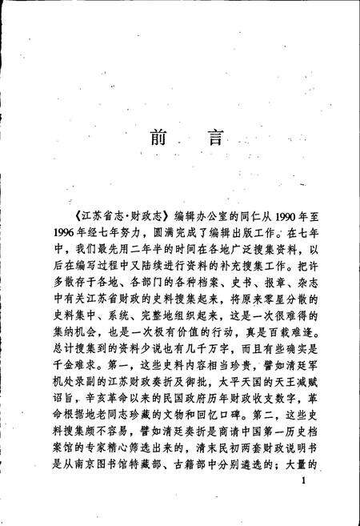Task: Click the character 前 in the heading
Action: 157,137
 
